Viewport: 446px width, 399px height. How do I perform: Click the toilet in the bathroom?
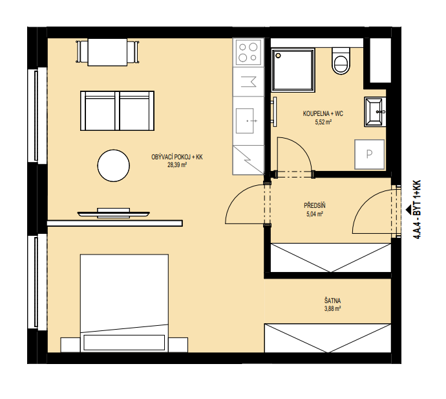pos(341,61)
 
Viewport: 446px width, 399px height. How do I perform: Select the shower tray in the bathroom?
pos(293,70)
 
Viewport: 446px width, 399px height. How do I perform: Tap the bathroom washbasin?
pos(375,111)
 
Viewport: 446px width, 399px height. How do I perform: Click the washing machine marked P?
pos(369,154)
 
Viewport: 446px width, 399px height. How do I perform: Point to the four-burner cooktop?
pos(248,52)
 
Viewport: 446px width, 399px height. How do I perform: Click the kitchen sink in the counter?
pos(245,120)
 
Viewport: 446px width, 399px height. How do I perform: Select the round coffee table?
pos(114,166)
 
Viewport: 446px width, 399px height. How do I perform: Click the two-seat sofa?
pos(117,111)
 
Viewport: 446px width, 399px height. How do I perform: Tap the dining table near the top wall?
pos(107,52)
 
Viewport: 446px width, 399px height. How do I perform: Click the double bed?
pos(124,303)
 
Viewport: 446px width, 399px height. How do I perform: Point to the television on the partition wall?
pos(114,213)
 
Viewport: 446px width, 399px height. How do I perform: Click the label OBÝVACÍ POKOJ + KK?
pos(177,157)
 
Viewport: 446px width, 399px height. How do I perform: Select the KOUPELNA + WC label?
pos(323,114)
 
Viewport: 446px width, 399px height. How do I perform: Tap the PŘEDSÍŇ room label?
pos(315,205)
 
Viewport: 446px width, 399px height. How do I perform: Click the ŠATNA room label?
pos(332,301)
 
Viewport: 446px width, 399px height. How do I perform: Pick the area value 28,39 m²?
pos(177,165)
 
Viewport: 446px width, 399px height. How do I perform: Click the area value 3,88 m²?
pos(332,308)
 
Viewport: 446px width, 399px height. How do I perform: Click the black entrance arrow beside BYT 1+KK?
pos(409,209)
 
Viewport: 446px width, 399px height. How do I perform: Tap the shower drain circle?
pos(278,56)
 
